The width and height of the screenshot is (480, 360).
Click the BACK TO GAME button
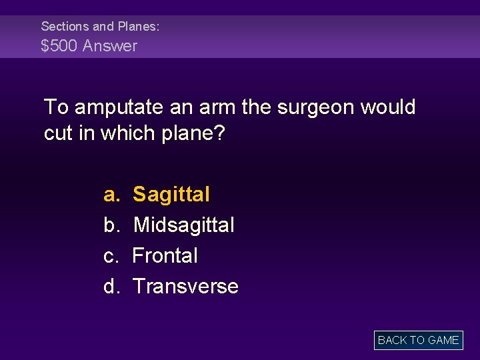pos(418,340)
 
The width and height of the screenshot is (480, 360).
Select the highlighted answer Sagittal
pos(171,195)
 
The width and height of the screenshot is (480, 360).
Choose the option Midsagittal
pos(184,225)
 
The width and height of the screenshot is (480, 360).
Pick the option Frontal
pos(165,256)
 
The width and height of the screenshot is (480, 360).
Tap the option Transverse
pos(185,287)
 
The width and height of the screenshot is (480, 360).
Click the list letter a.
pos(111,195)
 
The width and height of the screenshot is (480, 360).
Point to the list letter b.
pos(111,225)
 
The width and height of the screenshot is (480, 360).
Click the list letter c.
pos(111,256)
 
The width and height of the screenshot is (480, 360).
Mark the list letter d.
pos(111,287)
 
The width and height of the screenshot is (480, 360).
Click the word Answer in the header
pos(110,46)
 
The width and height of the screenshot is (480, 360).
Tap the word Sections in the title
pos(65,27)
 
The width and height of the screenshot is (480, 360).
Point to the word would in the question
pos(388,107)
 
